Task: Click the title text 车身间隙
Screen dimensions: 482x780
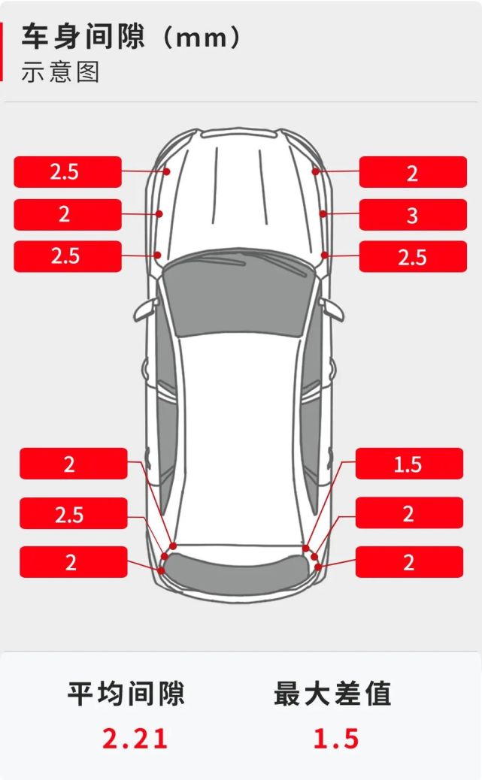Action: click(x=83, y=37)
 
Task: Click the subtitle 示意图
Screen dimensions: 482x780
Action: click(x=60, y=71)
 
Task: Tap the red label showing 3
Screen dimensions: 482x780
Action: click(x=413, y=215)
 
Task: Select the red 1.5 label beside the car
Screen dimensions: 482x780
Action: click(x=409, y=464)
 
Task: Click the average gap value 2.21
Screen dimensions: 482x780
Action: click(x=135, y=738)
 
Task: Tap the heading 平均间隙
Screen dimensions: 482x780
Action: click(x=126, y=694)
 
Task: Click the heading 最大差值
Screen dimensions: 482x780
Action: click(x=332, y=694)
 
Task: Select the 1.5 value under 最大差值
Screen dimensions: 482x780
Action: click(x=336, y=738)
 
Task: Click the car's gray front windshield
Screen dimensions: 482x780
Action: click(x=241, y=294)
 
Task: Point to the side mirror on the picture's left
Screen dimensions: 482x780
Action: click(x=145, y=310)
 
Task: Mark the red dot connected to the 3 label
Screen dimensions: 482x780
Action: click(x=323, y=214)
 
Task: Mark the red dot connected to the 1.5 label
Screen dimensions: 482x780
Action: click(x=306, y=549)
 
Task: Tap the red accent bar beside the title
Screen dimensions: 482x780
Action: click(x=2, y=51)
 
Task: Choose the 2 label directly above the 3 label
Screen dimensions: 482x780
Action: click(x=413, y=172)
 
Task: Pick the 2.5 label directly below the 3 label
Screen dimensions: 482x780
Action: click(x=413, y=257)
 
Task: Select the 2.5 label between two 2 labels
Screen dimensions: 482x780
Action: click(x=74, y=513)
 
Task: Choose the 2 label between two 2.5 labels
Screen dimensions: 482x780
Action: click(x=68, y=214)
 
